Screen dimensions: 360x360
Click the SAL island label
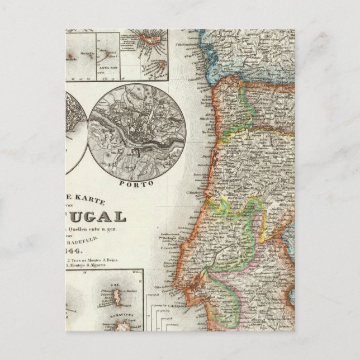(x=116, y=284)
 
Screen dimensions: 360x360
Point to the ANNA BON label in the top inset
(x=106, y=69)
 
